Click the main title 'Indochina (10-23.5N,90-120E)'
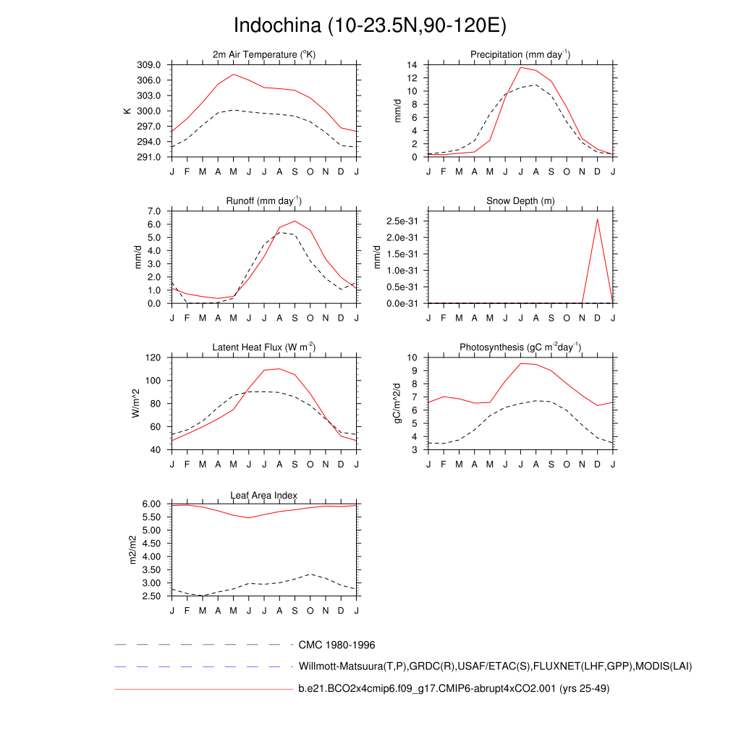370,25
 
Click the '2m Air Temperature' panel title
264,55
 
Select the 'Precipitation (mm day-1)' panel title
520,55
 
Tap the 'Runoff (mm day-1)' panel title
264,201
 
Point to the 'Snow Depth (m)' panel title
520,201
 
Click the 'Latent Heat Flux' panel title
264,347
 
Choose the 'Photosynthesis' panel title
520,347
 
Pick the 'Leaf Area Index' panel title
264,495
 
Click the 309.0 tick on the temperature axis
152,65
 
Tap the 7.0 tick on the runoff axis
155,211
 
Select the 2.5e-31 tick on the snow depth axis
400,220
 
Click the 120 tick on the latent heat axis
153,357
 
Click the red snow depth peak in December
598,219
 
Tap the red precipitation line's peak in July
520,67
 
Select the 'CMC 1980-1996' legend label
336,645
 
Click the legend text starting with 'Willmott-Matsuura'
495,666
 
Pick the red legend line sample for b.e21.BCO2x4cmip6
203,689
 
